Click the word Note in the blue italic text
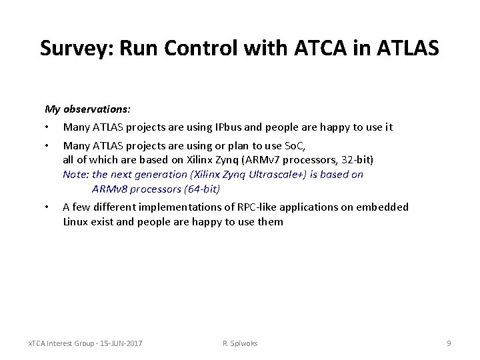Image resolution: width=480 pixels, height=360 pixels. tap(74, 175)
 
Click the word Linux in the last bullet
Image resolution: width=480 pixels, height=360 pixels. tap(76, 221)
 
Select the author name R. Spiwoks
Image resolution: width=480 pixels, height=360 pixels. tap(240, 343)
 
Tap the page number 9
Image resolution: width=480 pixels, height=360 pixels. tap(449, 343)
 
